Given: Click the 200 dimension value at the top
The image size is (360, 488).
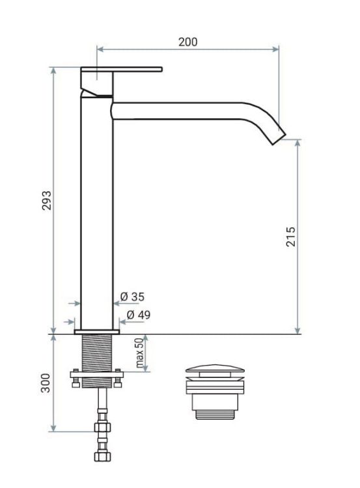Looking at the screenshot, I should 188,42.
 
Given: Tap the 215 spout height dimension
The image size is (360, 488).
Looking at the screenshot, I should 291,237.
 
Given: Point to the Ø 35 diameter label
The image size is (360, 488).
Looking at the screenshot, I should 133,297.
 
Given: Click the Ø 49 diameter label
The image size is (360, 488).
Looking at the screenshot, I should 138,315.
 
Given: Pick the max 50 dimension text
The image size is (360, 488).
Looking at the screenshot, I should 139,353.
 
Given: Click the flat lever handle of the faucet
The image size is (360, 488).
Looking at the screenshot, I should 120,70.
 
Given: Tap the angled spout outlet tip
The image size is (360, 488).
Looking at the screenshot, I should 277,135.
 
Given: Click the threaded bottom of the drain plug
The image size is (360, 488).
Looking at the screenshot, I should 215,410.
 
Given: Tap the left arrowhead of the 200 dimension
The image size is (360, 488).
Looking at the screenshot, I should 100,47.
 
